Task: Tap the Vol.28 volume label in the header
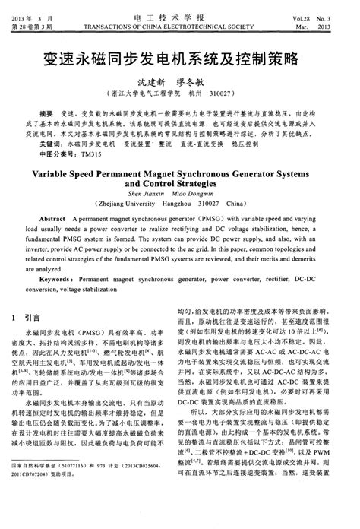coord(310,8)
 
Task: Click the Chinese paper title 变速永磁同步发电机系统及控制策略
coord(179,56)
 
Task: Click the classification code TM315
coord(92,153)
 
